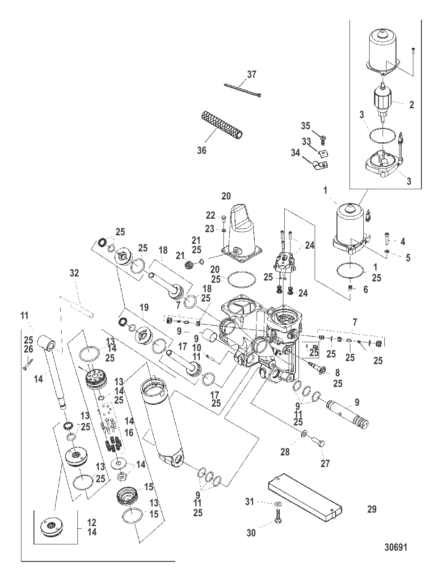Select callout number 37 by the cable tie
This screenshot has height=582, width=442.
(x=252, y=74)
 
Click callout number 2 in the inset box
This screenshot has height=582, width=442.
(x=411, y=105)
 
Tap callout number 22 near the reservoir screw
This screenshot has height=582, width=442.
(x=210, y=215)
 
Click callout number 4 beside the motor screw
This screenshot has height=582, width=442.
(x=402, y=242)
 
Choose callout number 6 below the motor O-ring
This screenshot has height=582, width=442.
(x=365, y=289)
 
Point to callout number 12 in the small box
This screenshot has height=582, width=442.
(x=92, y=523)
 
